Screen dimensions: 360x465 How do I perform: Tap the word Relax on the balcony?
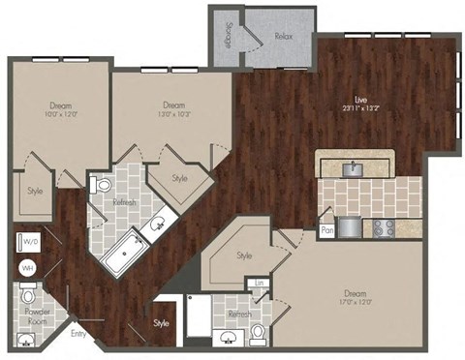283,35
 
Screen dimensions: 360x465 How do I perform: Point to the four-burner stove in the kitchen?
382,228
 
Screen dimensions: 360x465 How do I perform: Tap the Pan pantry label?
327,231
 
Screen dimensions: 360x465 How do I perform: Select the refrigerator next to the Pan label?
351,228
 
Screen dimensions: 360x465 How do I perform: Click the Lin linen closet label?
259,283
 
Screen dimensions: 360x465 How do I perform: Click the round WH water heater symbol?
27,268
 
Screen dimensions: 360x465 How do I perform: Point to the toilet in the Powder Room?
29,294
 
